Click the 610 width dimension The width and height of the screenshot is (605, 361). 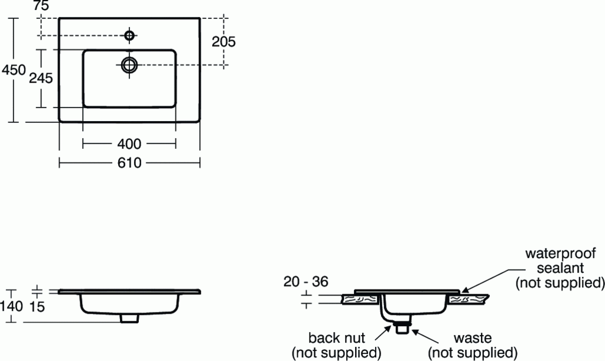coord(129,162)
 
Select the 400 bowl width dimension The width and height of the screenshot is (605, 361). coord(129,144)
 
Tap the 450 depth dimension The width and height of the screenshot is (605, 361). coord(14,70)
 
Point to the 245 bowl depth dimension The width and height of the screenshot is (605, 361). coord(41,77)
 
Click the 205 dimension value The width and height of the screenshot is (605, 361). coord(224,41)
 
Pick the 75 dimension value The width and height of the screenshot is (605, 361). coord(41,6)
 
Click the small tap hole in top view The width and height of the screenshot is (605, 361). coord(129,35)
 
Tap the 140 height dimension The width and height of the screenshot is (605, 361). coord(12,306)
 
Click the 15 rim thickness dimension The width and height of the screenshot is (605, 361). coord(37,306)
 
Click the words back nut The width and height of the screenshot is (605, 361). coord(337,338)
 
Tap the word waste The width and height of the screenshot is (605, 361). coord(473,338)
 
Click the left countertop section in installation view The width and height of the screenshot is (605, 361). coord(360,300)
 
